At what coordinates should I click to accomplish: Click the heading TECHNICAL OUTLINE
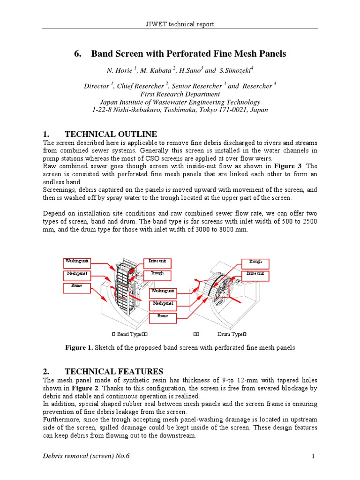(111, 134)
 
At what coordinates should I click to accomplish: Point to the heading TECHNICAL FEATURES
(114, 371)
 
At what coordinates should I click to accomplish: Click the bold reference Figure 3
(290, 166)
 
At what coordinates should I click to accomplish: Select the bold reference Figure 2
(84, 388)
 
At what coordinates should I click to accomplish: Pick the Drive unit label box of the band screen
(157, 261)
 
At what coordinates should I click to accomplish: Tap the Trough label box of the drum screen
(255, 262)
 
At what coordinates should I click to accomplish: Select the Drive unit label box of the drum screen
(255, 274)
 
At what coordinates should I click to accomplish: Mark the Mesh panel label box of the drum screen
(163, 304)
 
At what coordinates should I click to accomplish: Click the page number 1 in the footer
(311, 456)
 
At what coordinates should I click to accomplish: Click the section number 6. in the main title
(78, 54)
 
